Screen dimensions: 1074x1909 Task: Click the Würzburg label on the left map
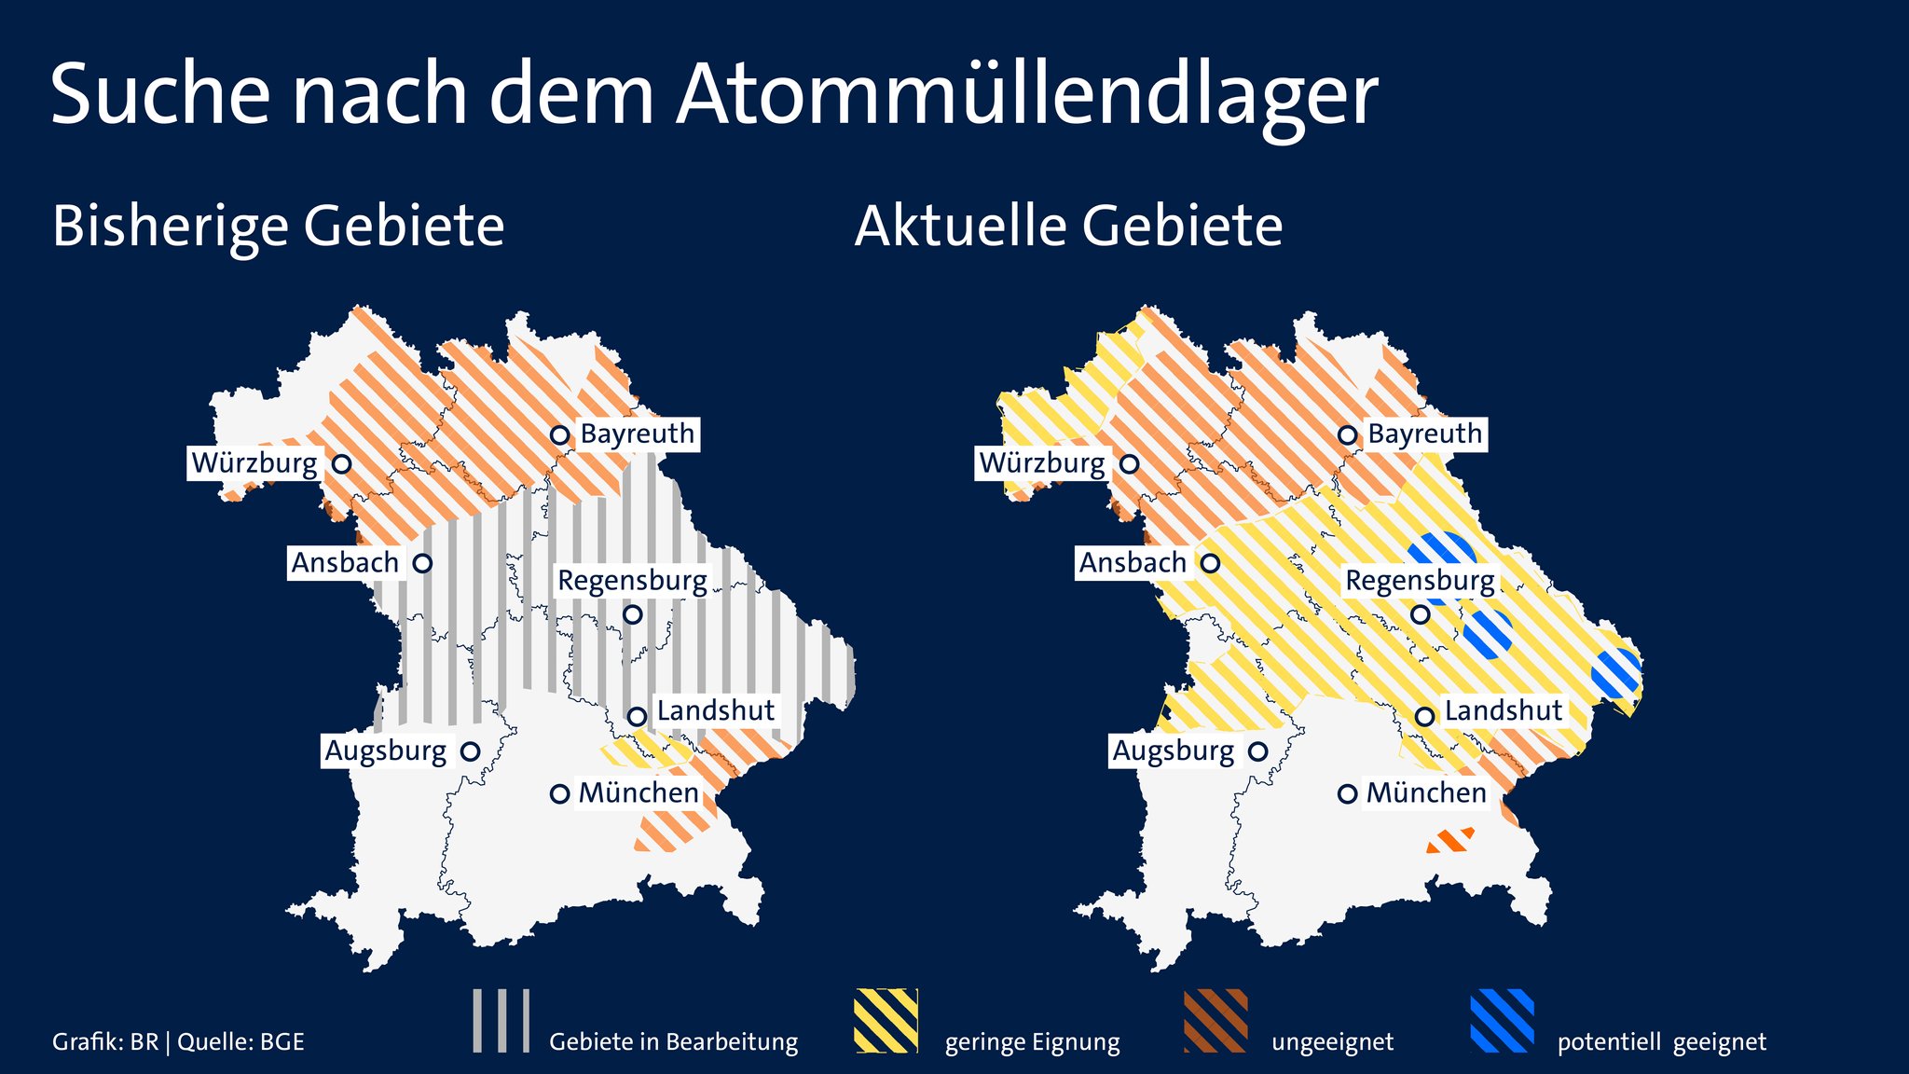pyautogui.click(x=254, y=463)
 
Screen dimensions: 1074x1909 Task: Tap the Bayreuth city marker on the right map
pyautogui.click(x=1347, y=434)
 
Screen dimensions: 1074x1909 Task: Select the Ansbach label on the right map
pyautogui.click(x=1133, y=563)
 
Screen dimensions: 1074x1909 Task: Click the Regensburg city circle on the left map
pyautogui.click(x=633, y=614)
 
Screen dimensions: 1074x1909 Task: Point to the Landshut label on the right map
pyautogui.click(x=1503, y=711)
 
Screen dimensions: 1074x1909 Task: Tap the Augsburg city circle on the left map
pyautogui.click(x=471, y=751)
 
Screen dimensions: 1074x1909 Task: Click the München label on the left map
pyautogui.click(x=639, y=793)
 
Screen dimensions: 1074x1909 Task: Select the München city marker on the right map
pyautogui.click(x=1347, y=794)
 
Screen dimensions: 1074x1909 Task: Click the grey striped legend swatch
pyautogui.click(x=501, y=1021)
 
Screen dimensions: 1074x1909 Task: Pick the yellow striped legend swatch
pyautogui.click(x=886, y=1021)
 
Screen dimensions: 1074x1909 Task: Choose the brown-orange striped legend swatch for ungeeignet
pyautogui.click(x=1215, y=1021)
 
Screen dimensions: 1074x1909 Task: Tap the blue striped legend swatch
pyautogui.click(x=1502, y=1021)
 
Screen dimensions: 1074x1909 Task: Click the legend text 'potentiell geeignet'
pyautogui.click(x=1661, y=1042)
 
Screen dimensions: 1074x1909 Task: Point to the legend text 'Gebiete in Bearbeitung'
pyautogui.click(x=673, y=1042)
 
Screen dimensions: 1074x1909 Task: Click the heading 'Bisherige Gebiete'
pyautogui.click(x=278, y=227)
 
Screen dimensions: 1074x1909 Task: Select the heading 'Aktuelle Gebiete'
pyautogui.click(x=1068, y=227)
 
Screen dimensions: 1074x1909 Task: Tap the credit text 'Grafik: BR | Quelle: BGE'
pyautogui.click(x=178, y=1042)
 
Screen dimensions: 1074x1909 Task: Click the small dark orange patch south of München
pyautogui.click(x=1450, y=841)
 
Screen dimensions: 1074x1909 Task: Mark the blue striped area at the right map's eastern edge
pyautogui.click(x=1616, y=673)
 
